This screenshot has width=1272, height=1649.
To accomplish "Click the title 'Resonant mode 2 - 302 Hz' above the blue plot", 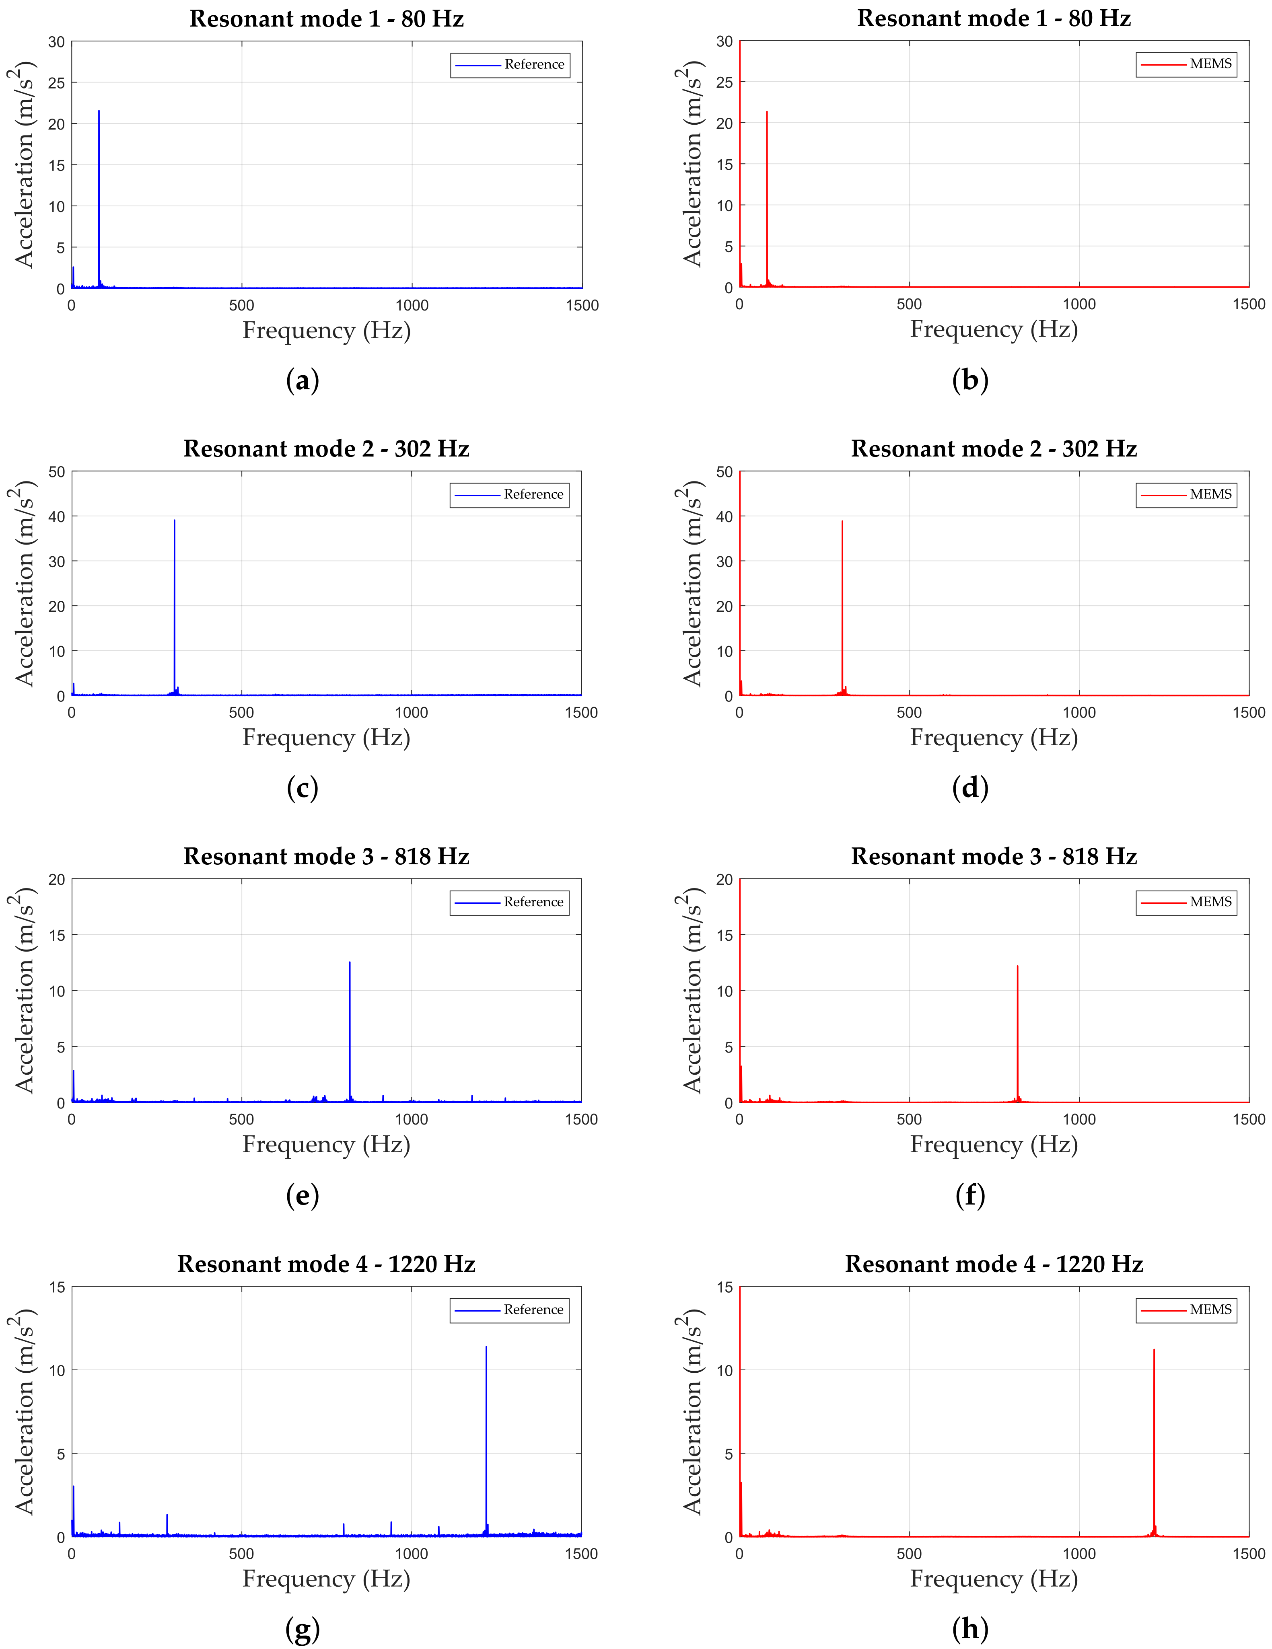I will [x=326, y=449].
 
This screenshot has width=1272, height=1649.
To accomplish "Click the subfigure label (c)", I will [x=302, y=788].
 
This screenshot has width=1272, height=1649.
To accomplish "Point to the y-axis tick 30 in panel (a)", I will [x=57, y=42].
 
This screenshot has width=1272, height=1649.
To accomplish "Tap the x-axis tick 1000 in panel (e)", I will [x=412, y=1120].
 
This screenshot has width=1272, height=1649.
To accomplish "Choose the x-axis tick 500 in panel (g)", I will [x=242, y=1554].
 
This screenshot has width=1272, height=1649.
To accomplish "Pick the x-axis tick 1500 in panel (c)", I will [x=581, y=713].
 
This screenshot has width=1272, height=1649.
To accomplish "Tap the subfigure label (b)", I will [x=970, y=380].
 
